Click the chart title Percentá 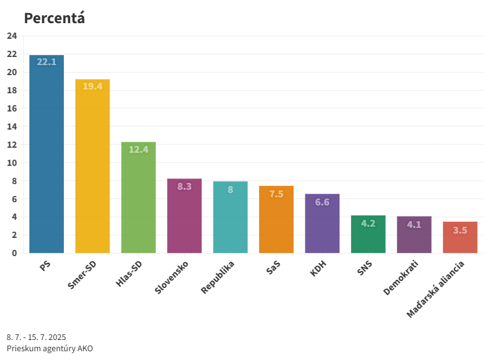[x=54, y=18]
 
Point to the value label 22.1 [x=46, y=62]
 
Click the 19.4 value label [x=93, y=86]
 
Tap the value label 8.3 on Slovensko [x=185, y=186]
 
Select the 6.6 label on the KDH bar [x=322, y=202]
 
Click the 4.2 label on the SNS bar [x=368, y=224]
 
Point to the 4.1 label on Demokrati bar [x=414, y=224]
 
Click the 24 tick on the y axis [x=12, y=36]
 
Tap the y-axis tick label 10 [x=12, y=163]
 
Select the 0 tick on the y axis [x=14, y=253]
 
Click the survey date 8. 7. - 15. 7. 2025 [x=36, y=337]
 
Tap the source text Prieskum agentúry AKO [x=49, y=348]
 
